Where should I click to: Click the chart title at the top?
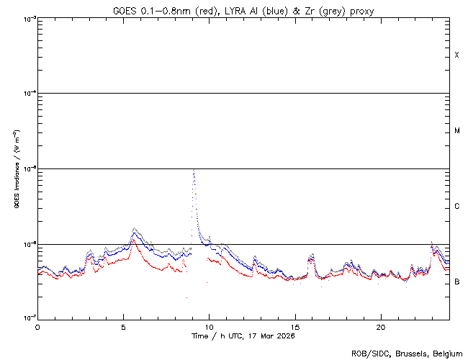tap(243, 11)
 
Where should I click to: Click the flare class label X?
tap(456, 55)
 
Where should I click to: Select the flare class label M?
tap(456, 131)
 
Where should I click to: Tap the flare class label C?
tap(456, 207)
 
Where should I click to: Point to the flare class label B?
tap(456, 282)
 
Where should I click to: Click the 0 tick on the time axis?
tap(37, 326)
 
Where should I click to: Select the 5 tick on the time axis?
tap(123, 326)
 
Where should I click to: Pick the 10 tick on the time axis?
tap(209, 326)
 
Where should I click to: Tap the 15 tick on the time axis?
tap(294, 326)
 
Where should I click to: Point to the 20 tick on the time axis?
tap(380, 326)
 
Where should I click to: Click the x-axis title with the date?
tap(243, 336)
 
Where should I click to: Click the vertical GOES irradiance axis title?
tap(16, 169)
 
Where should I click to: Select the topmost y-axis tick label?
tap(28, 19)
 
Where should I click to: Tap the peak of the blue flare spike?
tap(194, 170)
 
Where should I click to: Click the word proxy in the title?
tap(361, 11)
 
